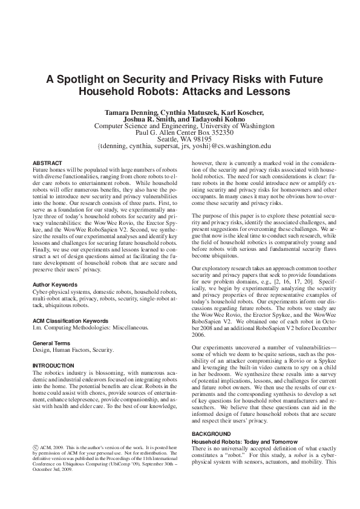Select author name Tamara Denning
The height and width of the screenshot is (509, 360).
coord(134,112)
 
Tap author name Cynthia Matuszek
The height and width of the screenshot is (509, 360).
coord(191,112)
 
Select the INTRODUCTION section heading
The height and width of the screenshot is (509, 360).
coord(53,366)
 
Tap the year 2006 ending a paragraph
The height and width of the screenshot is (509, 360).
coord(199,334)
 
